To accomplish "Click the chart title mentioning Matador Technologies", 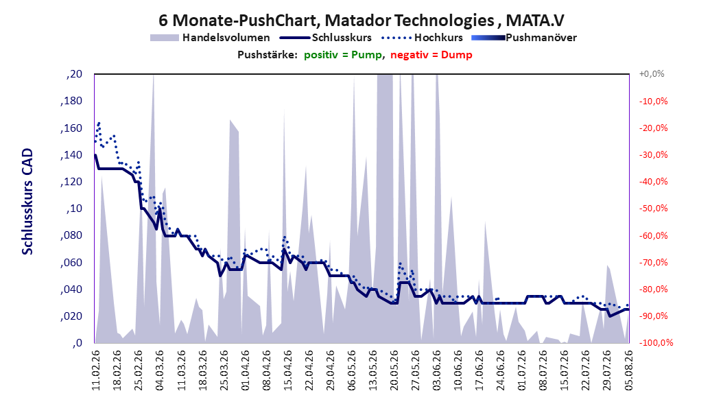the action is tap(361, 21).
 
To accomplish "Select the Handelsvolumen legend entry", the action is tap(210, 38).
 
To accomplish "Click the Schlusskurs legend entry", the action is tap(326, 38).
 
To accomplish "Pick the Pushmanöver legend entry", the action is tap(524, 38).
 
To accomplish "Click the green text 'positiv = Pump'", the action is tap(343, 55).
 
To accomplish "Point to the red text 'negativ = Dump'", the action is tap(431, 55).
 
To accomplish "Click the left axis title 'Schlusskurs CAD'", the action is tap(27, 201).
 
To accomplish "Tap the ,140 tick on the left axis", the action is tap(71, 155).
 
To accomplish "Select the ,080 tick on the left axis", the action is tap(71, 235).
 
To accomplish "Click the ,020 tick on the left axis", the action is tap(71, 316).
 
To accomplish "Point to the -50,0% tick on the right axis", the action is tap(653, 209).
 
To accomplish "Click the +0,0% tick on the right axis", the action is tap(652, 74).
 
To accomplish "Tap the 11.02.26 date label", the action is tap(96, 370).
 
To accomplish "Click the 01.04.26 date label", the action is tap(246, 370).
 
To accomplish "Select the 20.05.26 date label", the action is tap(394, 370).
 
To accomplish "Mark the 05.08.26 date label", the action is tap(628, 370).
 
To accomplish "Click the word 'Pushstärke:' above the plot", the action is tap(268, 55).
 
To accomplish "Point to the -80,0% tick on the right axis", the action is tap(653, 289).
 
